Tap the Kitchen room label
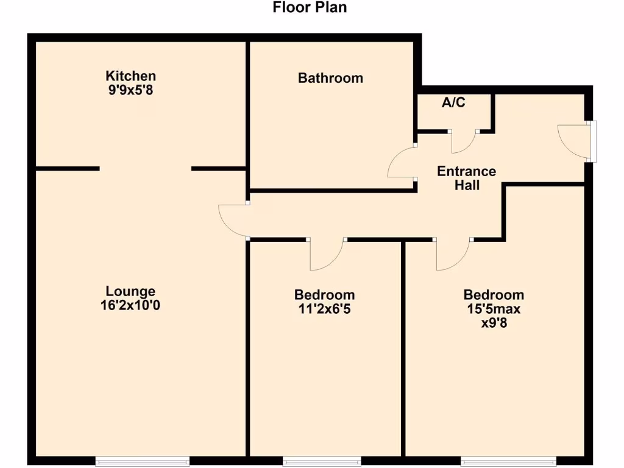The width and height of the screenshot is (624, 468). [x=130, y=76]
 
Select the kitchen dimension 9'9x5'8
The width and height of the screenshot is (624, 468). [x=130, y=90]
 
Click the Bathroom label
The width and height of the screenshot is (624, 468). [x=330, y=78]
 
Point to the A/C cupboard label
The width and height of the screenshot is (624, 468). [x=453, y=102]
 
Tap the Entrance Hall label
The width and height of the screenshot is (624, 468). [x=467, y=178]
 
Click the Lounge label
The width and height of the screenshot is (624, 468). [x=130, y=291]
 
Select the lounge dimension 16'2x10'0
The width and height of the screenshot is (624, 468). [x=130, y=305]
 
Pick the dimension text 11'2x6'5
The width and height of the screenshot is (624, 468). [x=324, y=309]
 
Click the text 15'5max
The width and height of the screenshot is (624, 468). [x=494, y=309]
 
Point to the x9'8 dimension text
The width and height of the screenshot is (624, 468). [x=494, y=323]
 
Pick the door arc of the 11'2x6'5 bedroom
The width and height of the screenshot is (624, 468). [x=328, y=255]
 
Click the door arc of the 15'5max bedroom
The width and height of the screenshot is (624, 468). [x=452, y=256]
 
